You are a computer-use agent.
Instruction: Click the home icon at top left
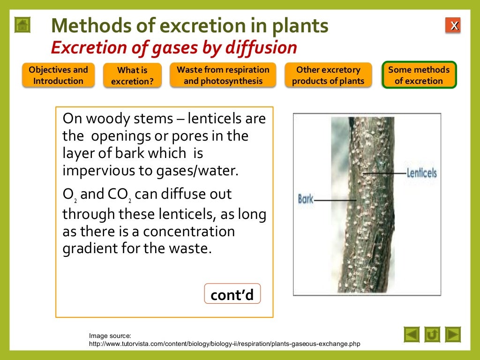pos(22,25)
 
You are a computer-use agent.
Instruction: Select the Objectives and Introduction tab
pos(58,75)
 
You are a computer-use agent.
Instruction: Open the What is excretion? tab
pos(132,76)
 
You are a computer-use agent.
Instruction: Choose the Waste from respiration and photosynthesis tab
pos(223,75)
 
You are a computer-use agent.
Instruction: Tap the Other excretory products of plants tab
pos(328,75)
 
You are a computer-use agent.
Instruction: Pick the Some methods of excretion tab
pos(419,75)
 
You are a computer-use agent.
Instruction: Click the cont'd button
pos(232,295)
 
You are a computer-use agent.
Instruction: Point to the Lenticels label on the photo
pos(421,173)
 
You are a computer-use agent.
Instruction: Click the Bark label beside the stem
pos(306,199)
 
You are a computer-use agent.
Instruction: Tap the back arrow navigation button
pos(412,335)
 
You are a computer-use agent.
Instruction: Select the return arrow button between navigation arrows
pos(432,335)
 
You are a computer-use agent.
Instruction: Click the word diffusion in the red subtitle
pos(269,48)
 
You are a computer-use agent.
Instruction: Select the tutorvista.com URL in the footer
pos(225,344)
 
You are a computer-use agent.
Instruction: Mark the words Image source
pos(110,336)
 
